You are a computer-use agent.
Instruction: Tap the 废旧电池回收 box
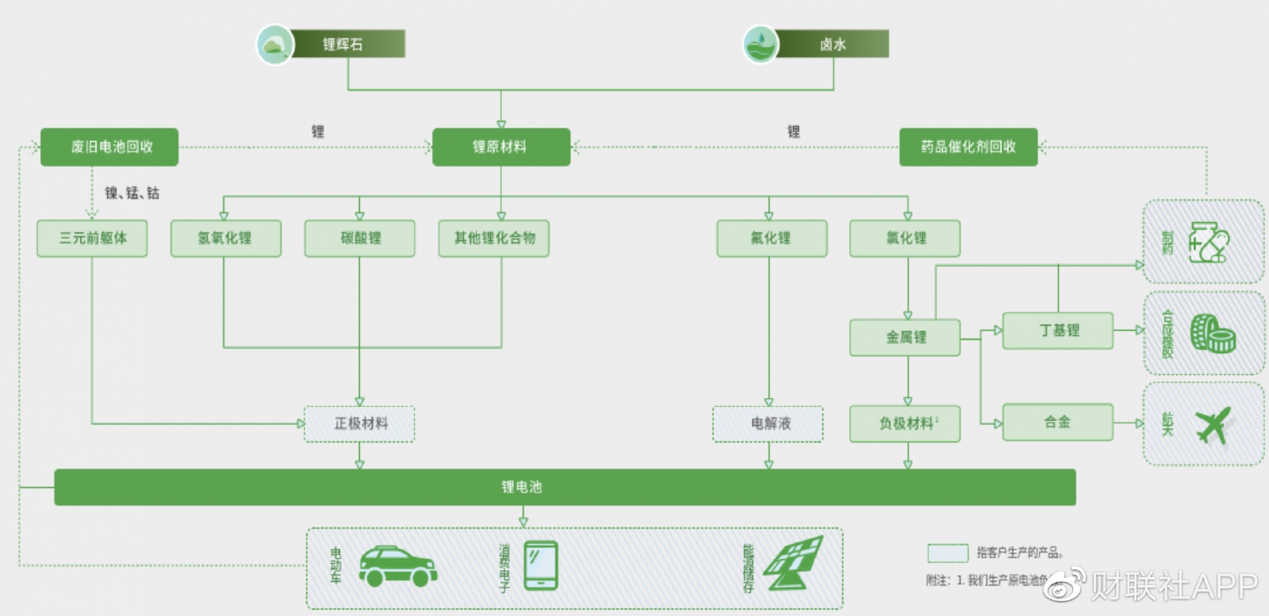click(109, 147)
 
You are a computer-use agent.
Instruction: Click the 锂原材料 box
click(500, 147)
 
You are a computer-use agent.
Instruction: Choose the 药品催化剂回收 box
click(968, 147)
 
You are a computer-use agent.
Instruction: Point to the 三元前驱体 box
click(92, 238)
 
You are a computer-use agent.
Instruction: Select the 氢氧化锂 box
click(225, 238)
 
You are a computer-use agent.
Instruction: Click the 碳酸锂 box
click(359, 238)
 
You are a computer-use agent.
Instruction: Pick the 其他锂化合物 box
click(493, 238)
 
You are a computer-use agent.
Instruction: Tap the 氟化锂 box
click(771, 238)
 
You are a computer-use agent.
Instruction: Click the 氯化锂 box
click(905, 238)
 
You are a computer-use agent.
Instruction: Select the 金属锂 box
click(905, 337)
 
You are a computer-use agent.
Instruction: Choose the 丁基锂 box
click(1057, 330)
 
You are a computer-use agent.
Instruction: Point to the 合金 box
click(1057, 422)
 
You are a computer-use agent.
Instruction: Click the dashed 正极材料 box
click(359, 423)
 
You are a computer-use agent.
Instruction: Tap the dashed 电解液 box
click(768, 423)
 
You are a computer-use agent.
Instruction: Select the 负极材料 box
click(905, 423)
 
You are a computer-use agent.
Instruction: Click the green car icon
click(397, 566)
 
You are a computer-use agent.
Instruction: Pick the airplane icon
click(1213, 424)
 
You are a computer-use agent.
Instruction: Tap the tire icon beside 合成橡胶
click(1213, 333)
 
